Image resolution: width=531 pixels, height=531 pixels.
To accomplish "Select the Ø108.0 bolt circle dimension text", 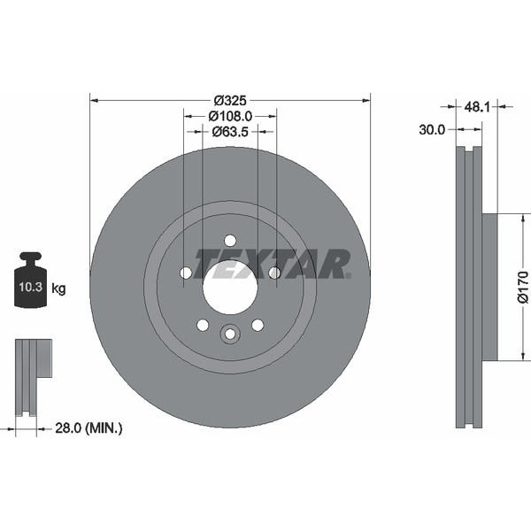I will point(230,115).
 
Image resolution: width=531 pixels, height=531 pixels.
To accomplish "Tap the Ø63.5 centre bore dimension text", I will point(230,132).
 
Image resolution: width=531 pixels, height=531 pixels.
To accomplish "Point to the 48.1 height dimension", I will point(477,106).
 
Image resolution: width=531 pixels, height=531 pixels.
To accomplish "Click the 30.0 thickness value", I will point(431,129).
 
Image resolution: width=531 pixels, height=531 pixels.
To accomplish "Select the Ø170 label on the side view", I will point(522,287).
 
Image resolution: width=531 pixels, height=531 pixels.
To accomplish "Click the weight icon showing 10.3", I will point(32,281).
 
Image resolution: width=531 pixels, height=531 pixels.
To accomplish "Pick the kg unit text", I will point(58,289).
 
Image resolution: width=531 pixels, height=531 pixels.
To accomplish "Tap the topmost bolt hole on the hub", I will point(230,241).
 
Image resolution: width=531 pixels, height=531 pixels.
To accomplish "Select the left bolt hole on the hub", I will point(186,273).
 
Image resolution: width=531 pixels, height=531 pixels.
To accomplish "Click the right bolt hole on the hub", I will point(274,273).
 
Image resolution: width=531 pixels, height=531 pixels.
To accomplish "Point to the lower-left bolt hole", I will point(203,325).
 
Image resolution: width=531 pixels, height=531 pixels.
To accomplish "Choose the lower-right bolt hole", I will point(258,325).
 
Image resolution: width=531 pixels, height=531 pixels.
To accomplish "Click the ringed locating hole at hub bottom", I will point(230,334).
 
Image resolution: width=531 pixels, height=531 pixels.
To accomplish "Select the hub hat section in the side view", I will point(489,287).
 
